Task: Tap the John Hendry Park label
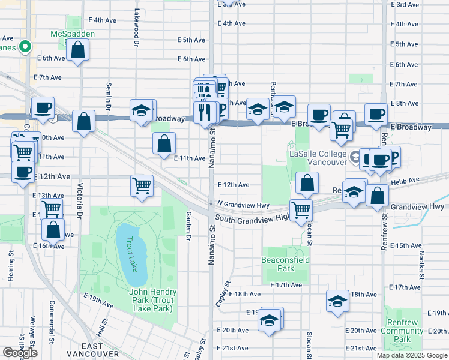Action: (151, 300)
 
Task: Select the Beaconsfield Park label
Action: (286, 265)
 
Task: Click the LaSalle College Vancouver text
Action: (318, 158)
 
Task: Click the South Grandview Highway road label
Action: (252, 218)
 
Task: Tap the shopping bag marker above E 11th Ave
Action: (164, 144)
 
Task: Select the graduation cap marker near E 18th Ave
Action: (338, 301)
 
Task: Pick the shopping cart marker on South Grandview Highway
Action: (301, 210)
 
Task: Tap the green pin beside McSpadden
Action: (25, 46)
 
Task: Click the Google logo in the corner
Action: (20, 353)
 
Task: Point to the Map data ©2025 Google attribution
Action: (412, 355)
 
